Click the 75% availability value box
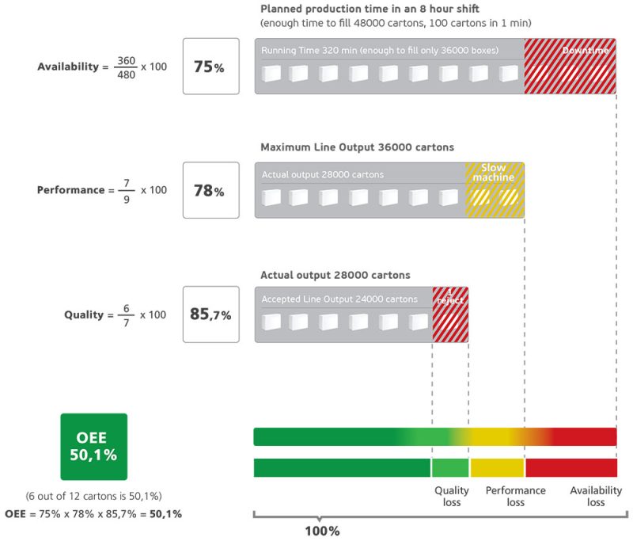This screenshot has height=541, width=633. pyautogui.click(x=210, y=67)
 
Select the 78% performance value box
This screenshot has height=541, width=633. pyautogui.click(x=210, y=190)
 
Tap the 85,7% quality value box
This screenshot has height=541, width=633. pyautogui.click(x=210, y=314)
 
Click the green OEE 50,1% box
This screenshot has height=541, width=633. pyautogui.click(x=94, y=447)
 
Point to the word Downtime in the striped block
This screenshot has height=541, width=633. pyautogui.click(x=585, y=51)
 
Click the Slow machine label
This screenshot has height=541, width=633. pyautogui.click(x=494, y=172)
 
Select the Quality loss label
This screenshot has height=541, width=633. pyautogui.click(x=451, y=496)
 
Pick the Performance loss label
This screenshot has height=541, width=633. pyautogui.click(x=515, y=496)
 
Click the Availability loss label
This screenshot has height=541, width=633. pyautogui.click(x=595, y=496)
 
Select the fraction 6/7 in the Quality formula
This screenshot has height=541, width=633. pyautogui.click(x=122, y=314)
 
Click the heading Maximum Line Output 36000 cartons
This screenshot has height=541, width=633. pyautogui.click(x=357, y=147)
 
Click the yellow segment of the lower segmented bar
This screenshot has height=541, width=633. pyautogui.click(x=498, y=467)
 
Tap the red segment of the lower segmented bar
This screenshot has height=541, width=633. pyautogui.click(x=571, y=467)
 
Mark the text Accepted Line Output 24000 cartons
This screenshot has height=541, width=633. pyautogui.click(x=340, y=299)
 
